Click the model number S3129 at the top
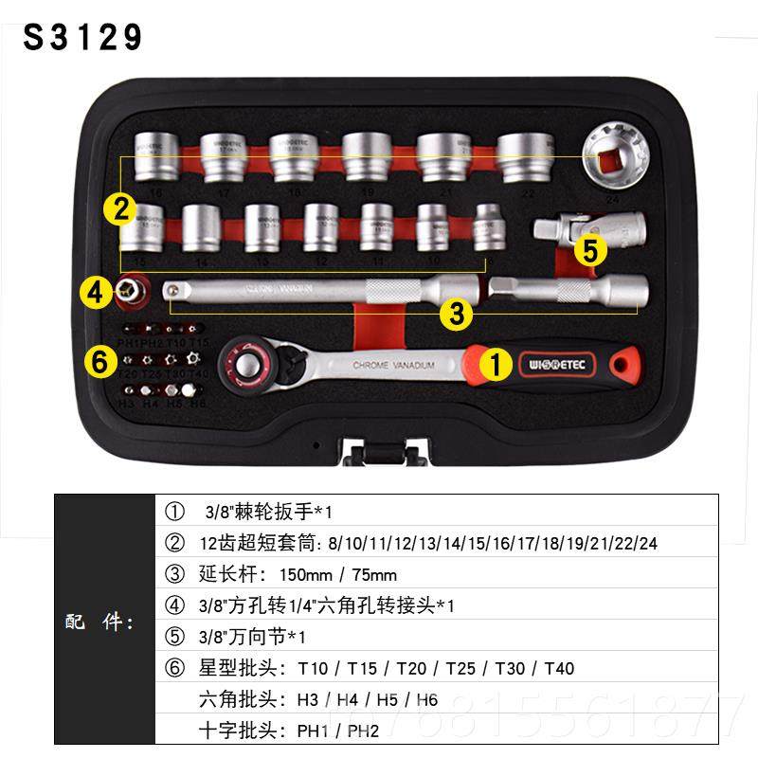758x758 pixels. [83, 37]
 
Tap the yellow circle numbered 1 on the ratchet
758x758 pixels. [496, 362]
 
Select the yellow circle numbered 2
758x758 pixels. [119, 208]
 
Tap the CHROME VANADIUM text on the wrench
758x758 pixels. [393, 365]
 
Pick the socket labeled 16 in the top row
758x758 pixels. [149, 156]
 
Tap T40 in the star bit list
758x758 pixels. [559, 668]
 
